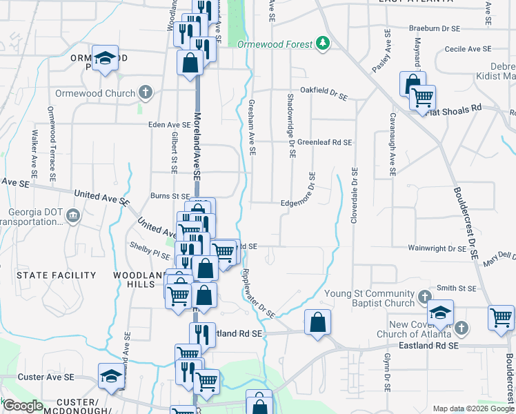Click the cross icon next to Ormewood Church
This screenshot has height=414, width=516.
[x=145, y=92]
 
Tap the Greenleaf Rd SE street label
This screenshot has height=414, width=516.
[x=325, y=142]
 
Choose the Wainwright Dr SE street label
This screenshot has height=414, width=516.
[x=437, y=248]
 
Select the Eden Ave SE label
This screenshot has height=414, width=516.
[x=150, y=125]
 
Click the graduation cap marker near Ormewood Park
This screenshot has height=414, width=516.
[x=106, y=59]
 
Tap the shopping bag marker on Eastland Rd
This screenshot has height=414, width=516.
[x=317, y=323]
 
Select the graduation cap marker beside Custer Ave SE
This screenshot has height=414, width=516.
[x=111, y=375]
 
